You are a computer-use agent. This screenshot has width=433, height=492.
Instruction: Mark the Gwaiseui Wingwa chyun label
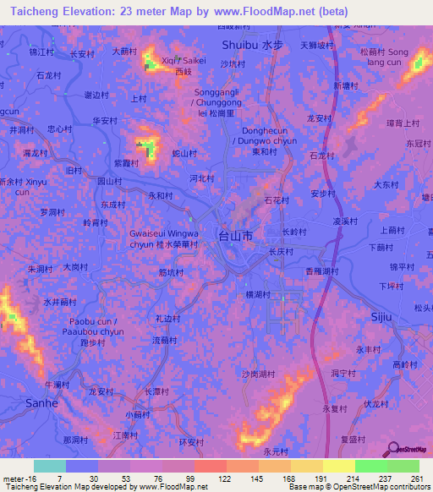[x=164, y=238]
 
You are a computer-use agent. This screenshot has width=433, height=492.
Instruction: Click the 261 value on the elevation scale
[x=415, y=479]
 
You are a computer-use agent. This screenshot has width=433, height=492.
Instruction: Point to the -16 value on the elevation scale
[x=19, y=479]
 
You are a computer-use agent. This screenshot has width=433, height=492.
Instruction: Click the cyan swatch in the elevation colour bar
[x=50, y=466]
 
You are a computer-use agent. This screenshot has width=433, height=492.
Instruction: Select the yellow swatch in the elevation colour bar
[x=339, y=466]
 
